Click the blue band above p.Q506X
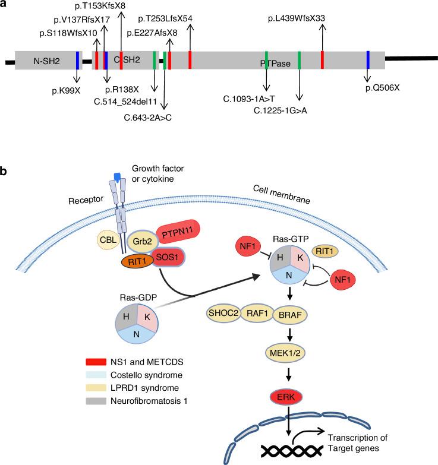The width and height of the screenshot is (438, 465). (368, 60)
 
